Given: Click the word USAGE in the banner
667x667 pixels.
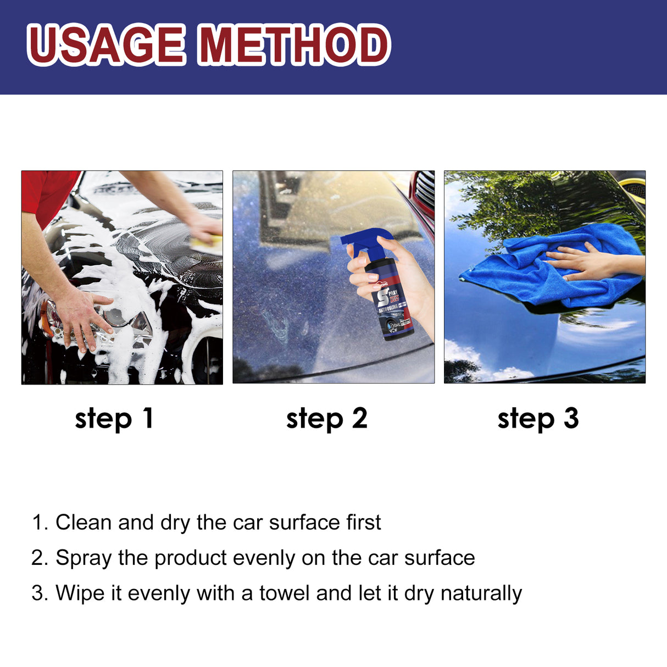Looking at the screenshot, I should (105, 45).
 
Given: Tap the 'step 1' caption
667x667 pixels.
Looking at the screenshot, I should (114, 419).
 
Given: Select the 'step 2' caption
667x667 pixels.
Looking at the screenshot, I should (326, 419).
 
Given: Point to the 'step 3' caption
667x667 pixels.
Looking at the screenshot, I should (538, 419).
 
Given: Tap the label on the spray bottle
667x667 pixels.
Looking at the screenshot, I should (392, 308).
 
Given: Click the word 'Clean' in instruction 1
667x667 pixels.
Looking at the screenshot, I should (84, 523).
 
